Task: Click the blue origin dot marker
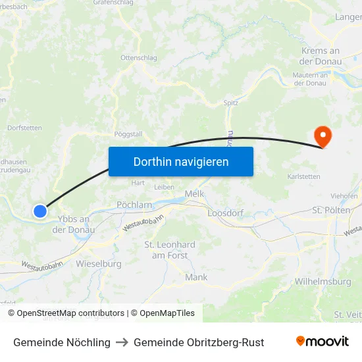(x=40, y=211)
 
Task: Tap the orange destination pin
(x=323, y=136)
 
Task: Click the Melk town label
(x=195, y=194)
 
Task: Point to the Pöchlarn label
(x=134, y=205)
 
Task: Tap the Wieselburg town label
(x=99, y=264)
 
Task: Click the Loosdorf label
(x=226, y=214)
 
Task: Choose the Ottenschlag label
(x=139, y=57)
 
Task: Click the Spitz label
(x=231, y=103)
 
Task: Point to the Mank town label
(x=196, y=277)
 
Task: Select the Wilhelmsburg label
(x=323, y=282)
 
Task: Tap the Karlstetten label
(x=304, y=177)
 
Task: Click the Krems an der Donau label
(x=321, y=56)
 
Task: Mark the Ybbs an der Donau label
(x=74, y=224)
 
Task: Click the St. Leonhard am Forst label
(x=170, y=249)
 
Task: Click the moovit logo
(x=323, y=342)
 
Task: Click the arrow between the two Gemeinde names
(x=122, y=342)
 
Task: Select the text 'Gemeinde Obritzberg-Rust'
(x=199, y=342)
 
